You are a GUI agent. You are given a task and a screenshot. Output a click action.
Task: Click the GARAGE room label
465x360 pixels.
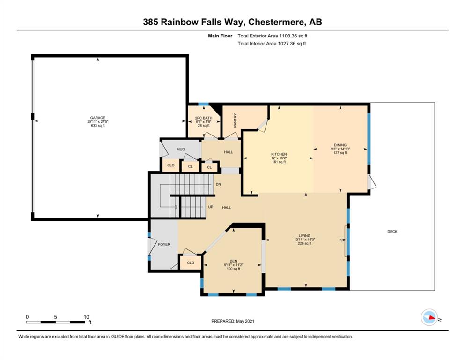click(x=97, y=118)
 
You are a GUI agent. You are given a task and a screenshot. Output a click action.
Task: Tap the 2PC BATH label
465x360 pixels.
click(x=204, y=118)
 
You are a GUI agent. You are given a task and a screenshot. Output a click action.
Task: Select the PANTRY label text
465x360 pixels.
click(x=235, y=120)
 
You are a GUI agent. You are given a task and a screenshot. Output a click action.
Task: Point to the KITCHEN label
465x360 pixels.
click(x=279, y=154)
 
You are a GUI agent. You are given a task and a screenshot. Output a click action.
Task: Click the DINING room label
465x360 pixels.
click(x=340, y=145)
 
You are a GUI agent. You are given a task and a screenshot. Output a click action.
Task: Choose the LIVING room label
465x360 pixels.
click(x=304, y=236)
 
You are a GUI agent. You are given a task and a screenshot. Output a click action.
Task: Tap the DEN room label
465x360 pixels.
click(x=233, y=261)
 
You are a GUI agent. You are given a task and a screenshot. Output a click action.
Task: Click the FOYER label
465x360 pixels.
click(x=164, y=244)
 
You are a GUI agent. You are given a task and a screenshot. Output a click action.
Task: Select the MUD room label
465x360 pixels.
click(x=181, y=149)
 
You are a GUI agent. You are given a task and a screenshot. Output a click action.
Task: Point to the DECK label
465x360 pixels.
click(x=392, y=232)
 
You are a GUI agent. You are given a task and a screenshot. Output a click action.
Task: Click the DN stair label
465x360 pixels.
click(x=218, y=184)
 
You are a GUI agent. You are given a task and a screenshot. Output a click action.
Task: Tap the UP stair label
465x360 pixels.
click(x=211, y=207)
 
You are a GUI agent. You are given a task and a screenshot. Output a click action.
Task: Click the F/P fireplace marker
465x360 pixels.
click(x=342, y=240)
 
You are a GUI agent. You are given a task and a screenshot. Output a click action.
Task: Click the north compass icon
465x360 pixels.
click(x=429, y=317)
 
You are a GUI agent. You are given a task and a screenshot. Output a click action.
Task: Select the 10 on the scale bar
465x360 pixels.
click(x=86, y=317)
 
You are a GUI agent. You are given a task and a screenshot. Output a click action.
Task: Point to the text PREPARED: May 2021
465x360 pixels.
click(x=232, y=321)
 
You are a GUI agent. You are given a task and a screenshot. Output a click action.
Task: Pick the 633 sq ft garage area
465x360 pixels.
click(x=97, y=126)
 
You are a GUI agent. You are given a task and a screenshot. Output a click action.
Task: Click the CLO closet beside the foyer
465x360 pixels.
click(x=191, y=262)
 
